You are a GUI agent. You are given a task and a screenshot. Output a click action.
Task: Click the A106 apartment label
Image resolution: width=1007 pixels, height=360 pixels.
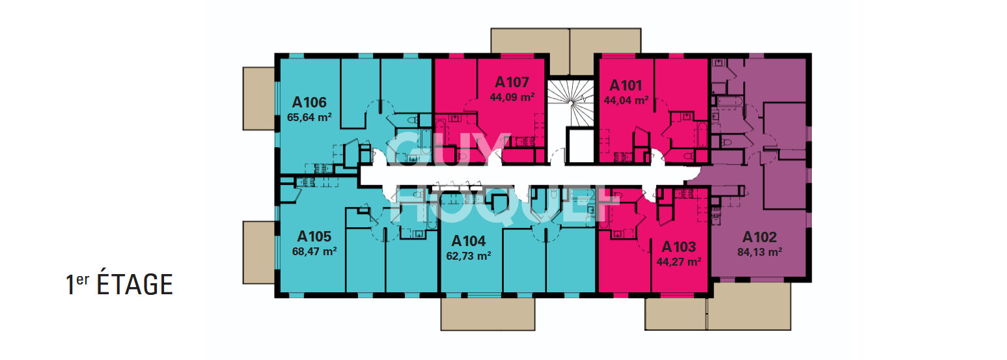tap(309, 102)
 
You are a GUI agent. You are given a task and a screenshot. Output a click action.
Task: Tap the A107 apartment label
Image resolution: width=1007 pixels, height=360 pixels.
tap(512, 82)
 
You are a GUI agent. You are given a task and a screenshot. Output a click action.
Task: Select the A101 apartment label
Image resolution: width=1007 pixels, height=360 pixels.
tap(626, 85)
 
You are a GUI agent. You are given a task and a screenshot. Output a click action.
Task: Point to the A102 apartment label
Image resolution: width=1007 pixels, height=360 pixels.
tap(759, 237)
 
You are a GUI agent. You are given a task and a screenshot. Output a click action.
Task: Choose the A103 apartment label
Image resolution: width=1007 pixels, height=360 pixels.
tap(679, 247)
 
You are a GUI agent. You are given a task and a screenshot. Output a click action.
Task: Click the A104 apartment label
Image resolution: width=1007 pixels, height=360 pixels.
tap(469, 242)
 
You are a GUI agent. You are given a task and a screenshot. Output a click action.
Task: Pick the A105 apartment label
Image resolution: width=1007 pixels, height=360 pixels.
tap(314, 236)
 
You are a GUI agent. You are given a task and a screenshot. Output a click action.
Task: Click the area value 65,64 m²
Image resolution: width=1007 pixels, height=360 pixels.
tap(309, 118)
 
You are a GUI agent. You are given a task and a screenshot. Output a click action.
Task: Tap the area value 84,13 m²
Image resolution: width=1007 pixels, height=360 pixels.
tap(760, 252)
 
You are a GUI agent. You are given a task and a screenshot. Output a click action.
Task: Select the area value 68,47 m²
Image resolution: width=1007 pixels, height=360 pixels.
tap(314, 252)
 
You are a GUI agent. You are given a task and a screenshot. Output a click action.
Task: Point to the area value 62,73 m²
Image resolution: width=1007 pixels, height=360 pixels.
tap(469, 256)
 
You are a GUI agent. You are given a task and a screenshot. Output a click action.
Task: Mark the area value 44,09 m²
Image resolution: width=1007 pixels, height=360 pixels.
tap(512, 97)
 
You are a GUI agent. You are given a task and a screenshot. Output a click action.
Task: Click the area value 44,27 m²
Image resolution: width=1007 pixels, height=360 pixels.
tap(679, 262)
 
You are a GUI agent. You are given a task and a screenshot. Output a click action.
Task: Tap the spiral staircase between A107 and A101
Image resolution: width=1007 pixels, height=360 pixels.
tap(571, 103)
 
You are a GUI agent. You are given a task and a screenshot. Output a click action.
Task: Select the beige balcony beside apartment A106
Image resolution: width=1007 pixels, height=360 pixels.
tap(259, 98)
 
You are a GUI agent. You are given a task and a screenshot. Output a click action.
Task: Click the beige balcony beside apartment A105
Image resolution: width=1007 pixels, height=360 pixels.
tap(259, 253)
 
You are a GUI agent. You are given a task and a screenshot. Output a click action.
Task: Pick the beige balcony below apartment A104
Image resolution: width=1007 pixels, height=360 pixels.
tap(488, 314)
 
